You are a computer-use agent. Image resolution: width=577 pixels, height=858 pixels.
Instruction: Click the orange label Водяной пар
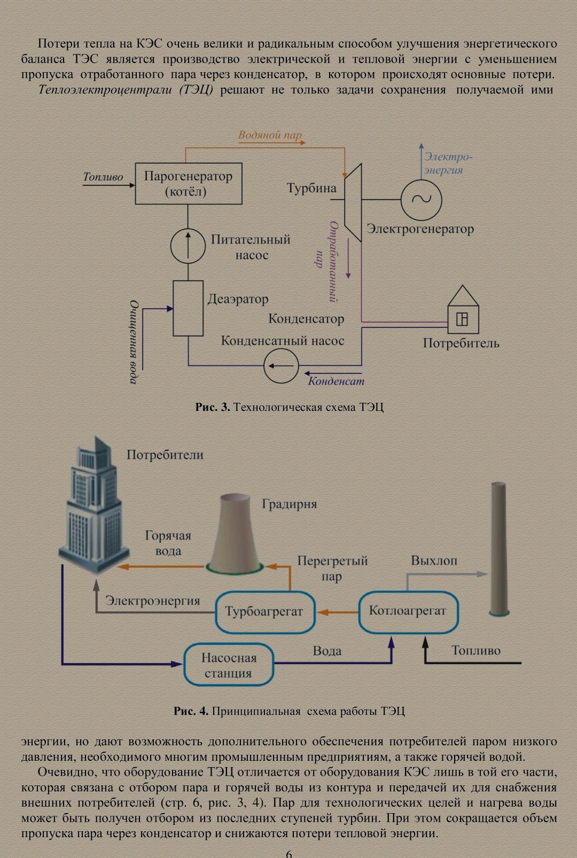tap(270, 135)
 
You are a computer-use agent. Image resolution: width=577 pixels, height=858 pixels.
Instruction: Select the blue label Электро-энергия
tap(448, 163)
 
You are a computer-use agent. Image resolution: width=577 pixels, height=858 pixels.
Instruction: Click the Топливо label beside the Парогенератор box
tap(103, 177)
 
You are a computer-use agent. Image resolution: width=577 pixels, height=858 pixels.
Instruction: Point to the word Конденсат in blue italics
tap(336, 381)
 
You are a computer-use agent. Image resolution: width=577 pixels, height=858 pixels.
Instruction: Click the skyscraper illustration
tap(94, 505)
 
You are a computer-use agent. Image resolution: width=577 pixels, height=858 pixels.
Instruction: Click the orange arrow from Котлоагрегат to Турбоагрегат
tap(338, 612)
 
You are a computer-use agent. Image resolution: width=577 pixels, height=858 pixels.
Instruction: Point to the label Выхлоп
tap(434, 560)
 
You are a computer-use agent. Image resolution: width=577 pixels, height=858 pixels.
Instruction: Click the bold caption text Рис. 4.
tap(191, 711)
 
